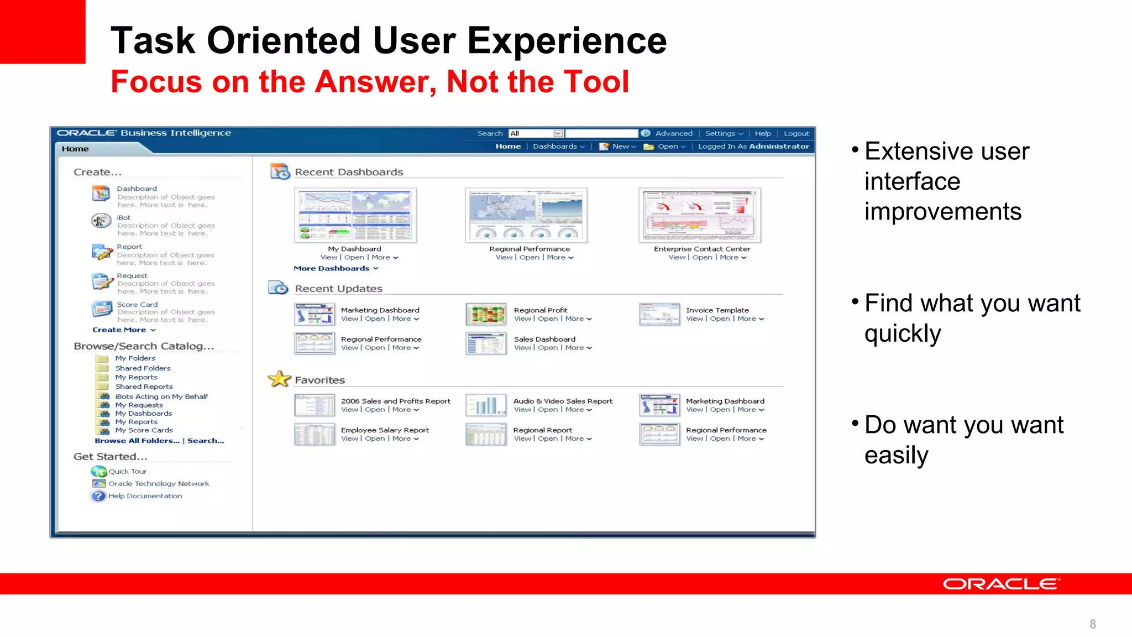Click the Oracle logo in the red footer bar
[x=1001, y=584]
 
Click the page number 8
[x=1092, y=624]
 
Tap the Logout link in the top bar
[x=796, y=133]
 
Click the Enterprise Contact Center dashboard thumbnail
[x=700, y=215]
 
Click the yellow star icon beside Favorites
[x=280, y=379]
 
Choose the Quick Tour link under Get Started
[x=127, y=471]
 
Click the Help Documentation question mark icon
[x=98, y=496]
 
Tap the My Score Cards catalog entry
[x=144, y=430]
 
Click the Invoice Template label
[x=717, y=310]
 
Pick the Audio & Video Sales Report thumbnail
[x=486, y=405]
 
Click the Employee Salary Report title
[x=385, y=430]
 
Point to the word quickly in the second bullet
[x=902, y=333]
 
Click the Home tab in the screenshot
[x=75, y=149]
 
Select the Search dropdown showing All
[x=536, y=133]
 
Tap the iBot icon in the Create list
[x=101, y=221]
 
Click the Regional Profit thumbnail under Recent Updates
[x=486, y=314]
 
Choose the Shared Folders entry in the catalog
[x=143, y=368]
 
